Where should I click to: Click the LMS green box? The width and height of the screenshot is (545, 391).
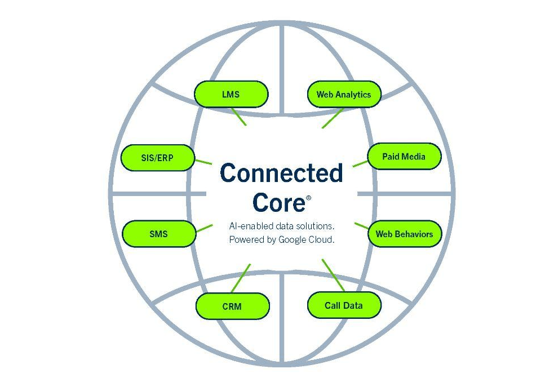click(x=231, y=94)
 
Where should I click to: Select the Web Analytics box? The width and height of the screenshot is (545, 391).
click(x=344, y=94)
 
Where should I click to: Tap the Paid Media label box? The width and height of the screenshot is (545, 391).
click(x=404, y=156)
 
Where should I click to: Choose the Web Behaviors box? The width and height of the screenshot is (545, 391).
click(x=404, y=234)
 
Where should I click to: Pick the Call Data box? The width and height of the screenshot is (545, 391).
click(x=344, y=305)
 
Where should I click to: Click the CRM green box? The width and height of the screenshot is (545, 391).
click(x=232, y=306)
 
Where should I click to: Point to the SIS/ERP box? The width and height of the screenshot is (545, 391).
click(x=158, y=158)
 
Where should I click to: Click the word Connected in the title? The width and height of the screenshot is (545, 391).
click(x=281, y=173)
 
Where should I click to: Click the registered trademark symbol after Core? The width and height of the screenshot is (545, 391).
click(x=308, y=198)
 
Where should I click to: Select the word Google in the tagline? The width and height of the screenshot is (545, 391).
click(x=295, y=239)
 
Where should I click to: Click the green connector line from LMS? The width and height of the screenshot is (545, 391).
click(x=240, y=117)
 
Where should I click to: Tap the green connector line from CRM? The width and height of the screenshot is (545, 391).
click(x=241, y=278)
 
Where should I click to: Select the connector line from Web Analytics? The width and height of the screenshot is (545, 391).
click(x=333, y=118)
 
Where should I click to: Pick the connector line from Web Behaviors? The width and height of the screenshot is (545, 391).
click(x=361, y=226)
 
